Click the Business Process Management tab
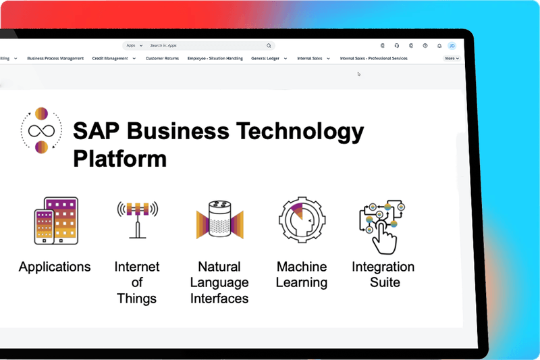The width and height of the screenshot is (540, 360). [x=55, y=59]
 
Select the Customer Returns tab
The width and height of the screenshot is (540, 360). [x=162, y=59]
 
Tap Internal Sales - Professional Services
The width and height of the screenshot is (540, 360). [x=373, y=59]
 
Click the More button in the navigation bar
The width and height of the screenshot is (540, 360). [x=452, y=59]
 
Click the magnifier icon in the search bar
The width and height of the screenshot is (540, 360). [x=269, y=46]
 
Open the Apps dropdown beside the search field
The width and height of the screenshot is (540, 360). [x=134, y=46]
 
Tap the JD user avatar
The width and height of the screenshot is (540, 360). [x=452, y=46]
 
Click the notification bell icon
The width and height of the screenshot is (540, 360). [x=439, y=46]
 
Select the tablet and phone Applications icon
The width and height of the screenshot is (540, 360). [x=55, y=221]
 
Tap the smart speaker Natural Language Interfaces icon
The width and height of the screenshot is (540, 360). [x=219, y=220]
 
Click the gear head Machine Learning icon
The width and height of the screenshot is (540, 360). [x=301, y=220]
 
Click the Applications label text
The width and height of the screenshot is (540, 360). [x=55, y=267]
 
